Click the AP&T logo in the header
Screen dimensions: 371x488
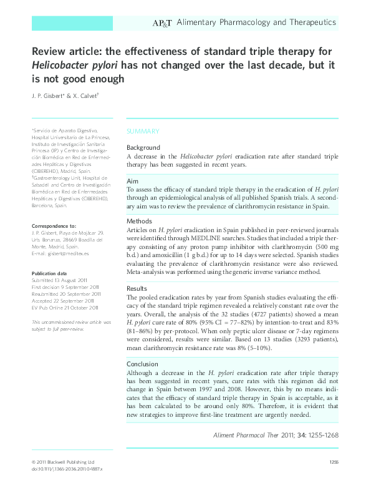tap(163, 23)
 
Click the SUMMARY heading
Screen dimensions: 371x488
tap(143, 131)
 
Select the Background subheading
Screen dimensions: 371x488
tap(143, 148)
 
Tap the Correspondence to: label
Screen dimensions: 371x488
tap(54, 225)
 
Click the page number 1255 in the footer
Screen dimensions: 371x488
tap(333, 461)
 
